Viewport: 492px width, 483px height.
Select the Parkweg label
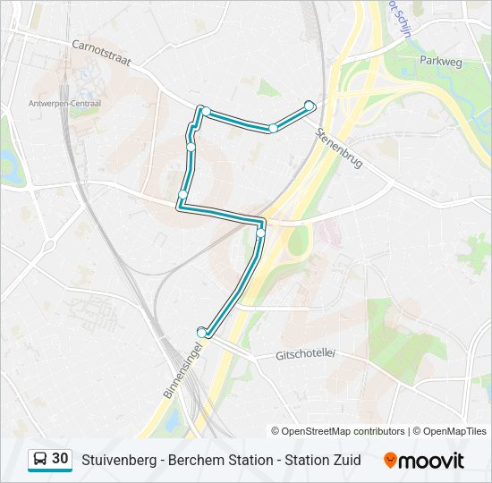[x=440, y=61]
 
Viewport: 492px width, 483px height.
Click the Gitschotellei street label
[x=304, y=354]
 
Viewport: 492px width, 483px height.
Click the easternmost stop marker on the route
[x=310, y=106]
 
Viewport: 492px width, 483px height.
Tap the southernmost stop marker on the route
[x=202, y=333]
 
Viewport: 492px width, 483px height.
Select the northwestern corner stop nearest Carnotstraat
[x=206, y=112]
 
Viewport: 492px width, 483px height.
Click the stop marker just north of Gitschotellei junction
[x=261, y=234]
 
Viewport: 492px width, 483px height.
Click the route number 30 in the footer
[x=60, y=459]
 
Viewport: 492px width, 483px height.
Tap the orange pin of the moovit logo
[x=390, y=461]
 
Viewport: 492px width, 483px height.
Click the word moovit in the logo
[x=431, y=461]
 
